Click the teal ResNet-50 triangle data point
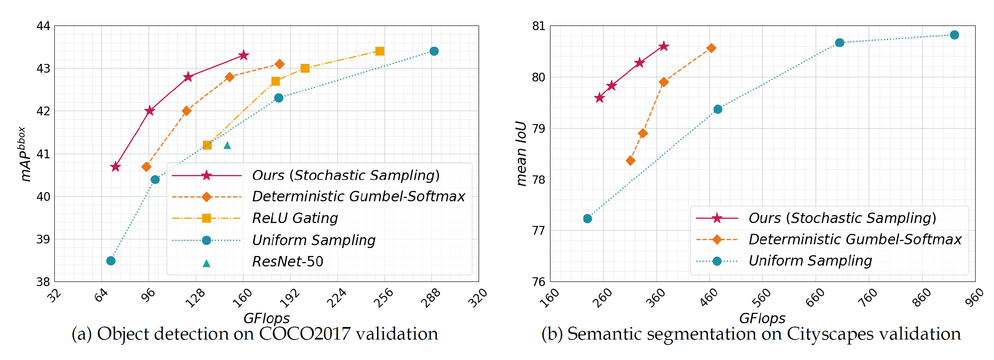click(x=227, y=145)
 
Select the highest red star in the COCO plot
click(x=244, y=55)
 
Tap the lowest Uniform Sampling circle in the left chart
click(x=111, y=261)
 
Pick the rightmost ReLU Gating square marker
click(x=380, y=51)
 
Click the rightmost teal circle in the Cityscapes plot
click(x=954, y=35)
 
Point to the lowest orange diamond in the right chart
click(x=631, y=160)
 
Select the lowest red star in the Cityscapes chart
click(x=599, y=98)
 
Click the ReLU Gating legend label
click(x=295, y=218)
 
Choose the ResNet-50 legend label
click(x=288, y=261)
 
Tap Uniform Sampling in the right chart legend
click(x=810, y=261)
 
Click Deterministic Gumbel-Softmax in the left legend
click(x=358, y=196)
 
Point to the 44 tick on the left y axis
click(x=43, y=26)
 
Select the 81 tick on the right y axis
click(x=539, y=26)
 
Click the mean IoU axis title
click(x=521, y=153)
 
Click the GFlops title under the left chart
click(x=266, y=318)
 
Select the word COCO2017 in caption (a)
click(x=305, y=334)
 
